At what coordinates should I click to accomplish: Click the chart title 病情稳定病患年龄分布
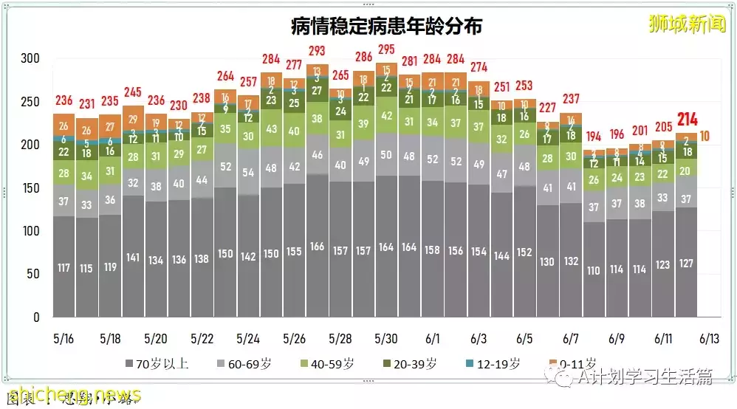[x=386, y=27]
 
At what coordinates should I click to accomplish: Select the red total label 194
[x=593, y=137]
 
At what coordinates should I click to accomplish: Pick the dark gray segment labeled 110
[x=593, y=270]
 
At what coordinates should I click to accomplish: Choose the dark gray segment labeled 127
[x=685, y=263]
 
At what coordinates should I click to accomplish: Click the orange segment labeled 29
[x=134, y=120]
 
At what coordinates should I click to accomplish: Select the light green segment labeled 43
[x=271, y=128]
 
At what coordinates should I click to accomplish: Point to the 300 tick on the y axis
[x=30, y=59]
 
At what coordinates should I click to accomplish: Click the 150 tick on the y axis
[x=30, y=188]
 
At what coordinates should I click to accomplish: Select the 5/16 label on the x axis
[x=64, y=339]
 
